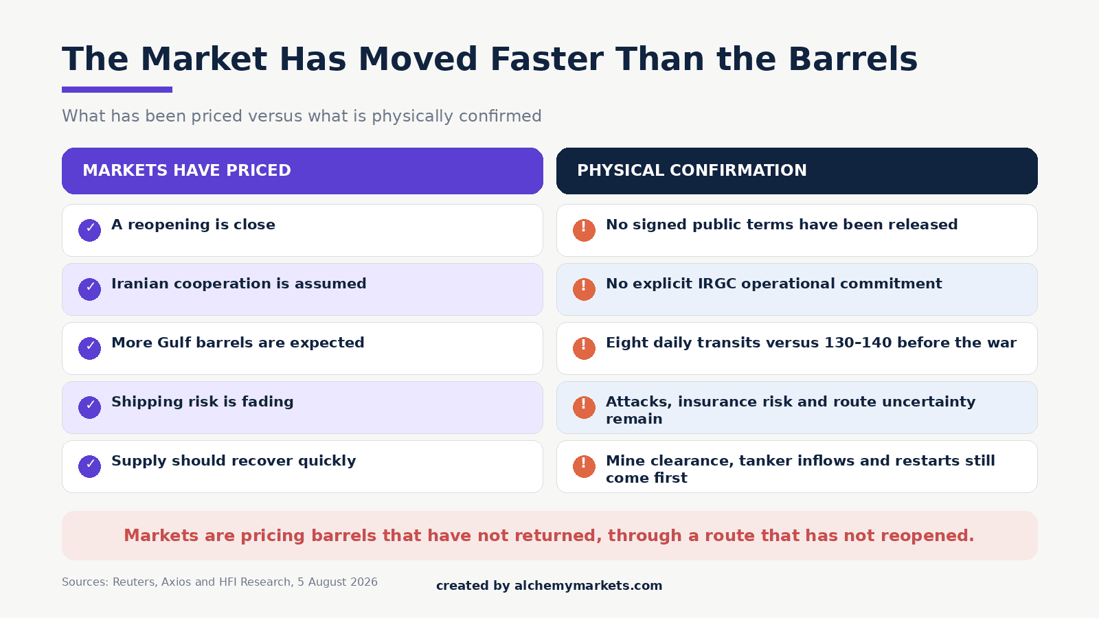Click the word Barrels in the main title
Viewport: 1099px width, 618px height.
tap(852, 59)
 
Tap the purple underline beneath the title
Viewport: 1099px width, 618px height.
tap(117, 90)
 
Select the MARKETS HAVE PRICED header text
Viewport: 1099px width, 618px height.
tap(186, 170)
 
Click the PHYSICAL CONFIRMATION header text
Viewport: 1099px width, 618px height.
tap(692, 170)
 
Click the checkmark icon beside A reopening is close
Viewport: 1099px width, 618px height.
tap(90, 230)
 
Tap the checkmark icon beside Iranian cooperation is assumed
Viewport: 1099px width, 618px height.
tap(90, 289)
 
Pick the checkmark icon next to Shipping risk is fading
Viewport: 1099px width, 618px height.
tap(90, 407)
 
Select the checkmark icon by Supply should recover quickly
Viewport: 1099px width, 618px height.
tap(90, 466)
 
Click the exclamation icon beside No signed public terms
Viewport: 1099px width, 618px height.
tap(585, 230)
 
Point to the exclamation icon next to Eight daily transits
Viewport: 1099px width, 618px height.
tap(585, 348)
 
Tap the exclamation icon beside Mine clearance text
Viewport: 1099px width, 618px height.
tap(585, 466)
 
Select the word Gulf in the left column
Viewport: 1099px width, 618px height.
tap(174, 343)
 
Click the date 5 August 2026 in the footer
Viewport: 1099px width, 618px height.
tap(337, 582)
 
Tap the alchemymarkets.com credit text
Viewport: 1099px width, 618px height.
tap(588, 586)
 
